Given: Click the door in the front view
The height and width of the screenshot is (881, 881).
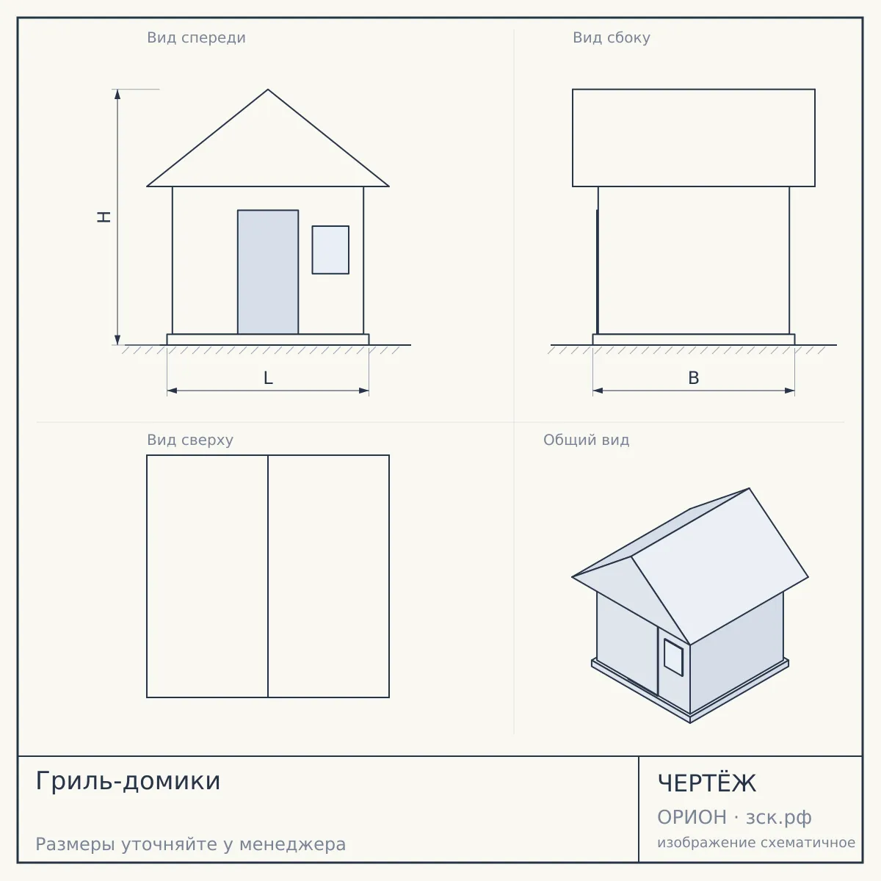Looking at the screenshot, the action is pos(268,272).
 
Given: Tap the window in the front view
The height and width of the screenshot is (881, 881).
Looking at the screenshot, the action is pos(330,250).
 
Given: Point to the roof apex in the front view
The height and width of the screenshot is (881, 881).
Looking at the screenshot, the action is pos(268,90).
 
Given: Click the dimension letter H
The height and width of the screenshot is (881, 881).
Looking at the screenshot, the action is pos(104,217).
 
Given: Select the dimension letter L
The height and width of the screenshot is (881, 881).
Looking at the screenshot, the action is pos(269,378).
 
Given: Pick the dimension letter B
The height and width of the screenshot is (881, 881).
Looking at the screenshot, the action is pos(694,378).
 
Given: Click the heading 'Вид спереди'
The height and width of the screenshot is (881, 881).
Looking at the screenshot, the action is pos(196,38).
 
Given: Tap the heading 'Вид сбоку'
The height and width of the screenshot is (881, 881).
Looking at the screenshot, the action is pos(612,38).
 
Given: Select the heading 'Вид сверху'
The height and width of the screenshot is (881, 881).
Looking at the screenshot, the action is pos(189,440).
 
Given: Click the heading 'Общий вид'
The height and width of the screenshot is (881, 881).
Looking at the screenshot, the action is pos(586,440).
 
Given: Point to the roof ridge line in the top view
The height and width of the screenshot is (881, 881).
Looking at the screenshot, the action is pos(268,576).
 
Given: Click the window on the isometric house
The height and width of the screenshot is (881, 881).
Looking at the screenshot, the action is pos(673,657).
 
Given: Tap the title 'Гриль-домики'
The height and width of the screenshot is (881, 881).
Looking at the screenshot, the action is pos(128,781).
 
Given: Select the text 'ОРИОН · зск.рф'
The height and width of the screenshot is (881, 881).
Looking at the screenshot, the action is pos(734,817).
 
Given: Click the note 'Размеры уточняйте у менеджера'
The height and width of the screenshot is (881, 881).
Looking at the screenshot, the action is pos(191,844).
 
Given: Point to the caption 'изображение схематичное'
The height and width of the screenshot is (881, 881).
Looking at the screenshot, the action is pos(756,842).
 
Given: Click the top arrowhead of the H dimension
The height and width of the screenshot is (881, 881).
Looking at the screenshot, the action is pos(117,94).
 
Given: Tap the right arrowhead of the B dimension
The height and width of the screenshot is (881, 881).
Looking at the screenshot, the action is pos(789,391).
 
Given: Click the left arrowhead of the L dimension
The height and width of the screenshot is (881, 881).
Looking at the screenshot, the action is pos(172,391).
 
